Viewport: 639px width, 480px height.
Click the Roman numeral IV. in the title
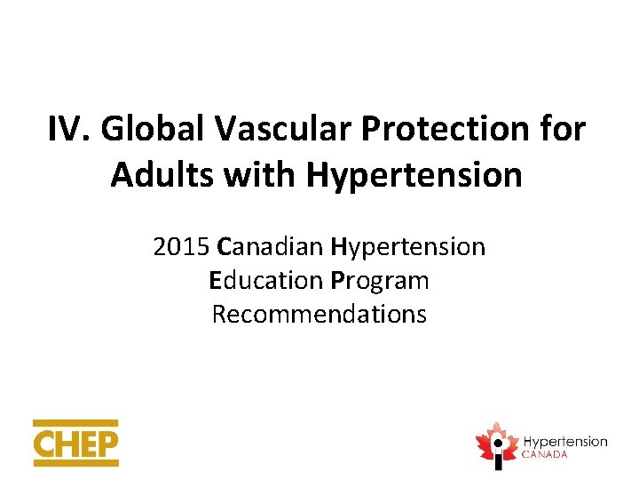[69, 130]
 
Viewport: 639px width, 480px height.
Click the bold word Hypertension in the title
[414, 176]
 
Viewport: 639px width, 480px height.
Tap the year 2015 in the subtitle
[181, 246]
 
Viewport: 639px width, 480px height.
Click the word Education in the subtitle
[265, 281]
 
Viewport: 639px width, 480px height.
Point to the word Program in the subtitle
[380, 281]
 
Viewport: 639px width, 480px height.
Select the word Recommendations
[319, 314]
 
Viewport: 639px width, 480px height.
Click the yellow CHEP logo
[75, 443]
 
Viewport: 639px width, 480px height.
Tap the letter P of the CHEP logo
[106, 444]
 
